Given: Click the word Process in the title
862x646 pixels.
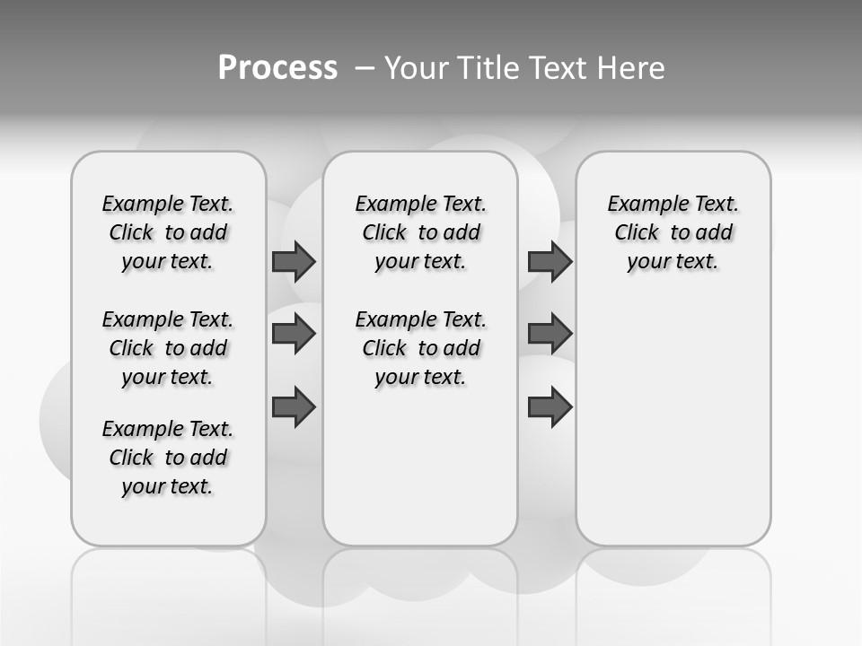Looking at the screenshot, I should tap(277, 68).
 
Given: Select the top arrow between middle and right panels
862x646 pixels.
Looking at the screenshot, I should tap(550, 261).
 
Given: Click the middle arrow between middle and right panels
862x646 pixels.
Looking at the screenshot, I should tap(550, 334).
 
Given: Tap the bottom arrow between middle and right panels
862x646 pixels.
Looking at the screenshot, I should tap(550, 407).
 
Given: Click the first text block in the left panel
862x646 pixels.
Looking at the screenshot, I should tap(168, 232).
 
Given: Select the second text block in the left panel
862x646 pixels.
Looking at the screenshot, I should tap(168, 348).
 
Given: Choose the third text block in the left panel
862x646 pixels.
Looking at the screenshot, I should tap(168, 458).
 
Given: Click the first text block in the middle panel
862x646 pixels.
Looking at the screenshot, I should tap(420, 232).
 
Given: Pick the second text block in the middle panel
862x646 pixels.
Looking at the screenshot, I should tap(420, 348).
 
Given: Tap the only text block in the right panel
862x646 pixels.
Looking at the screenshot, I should tap(673, 232).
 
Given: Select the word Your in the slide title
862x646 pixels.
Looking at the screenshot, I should tap(417, 68).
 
